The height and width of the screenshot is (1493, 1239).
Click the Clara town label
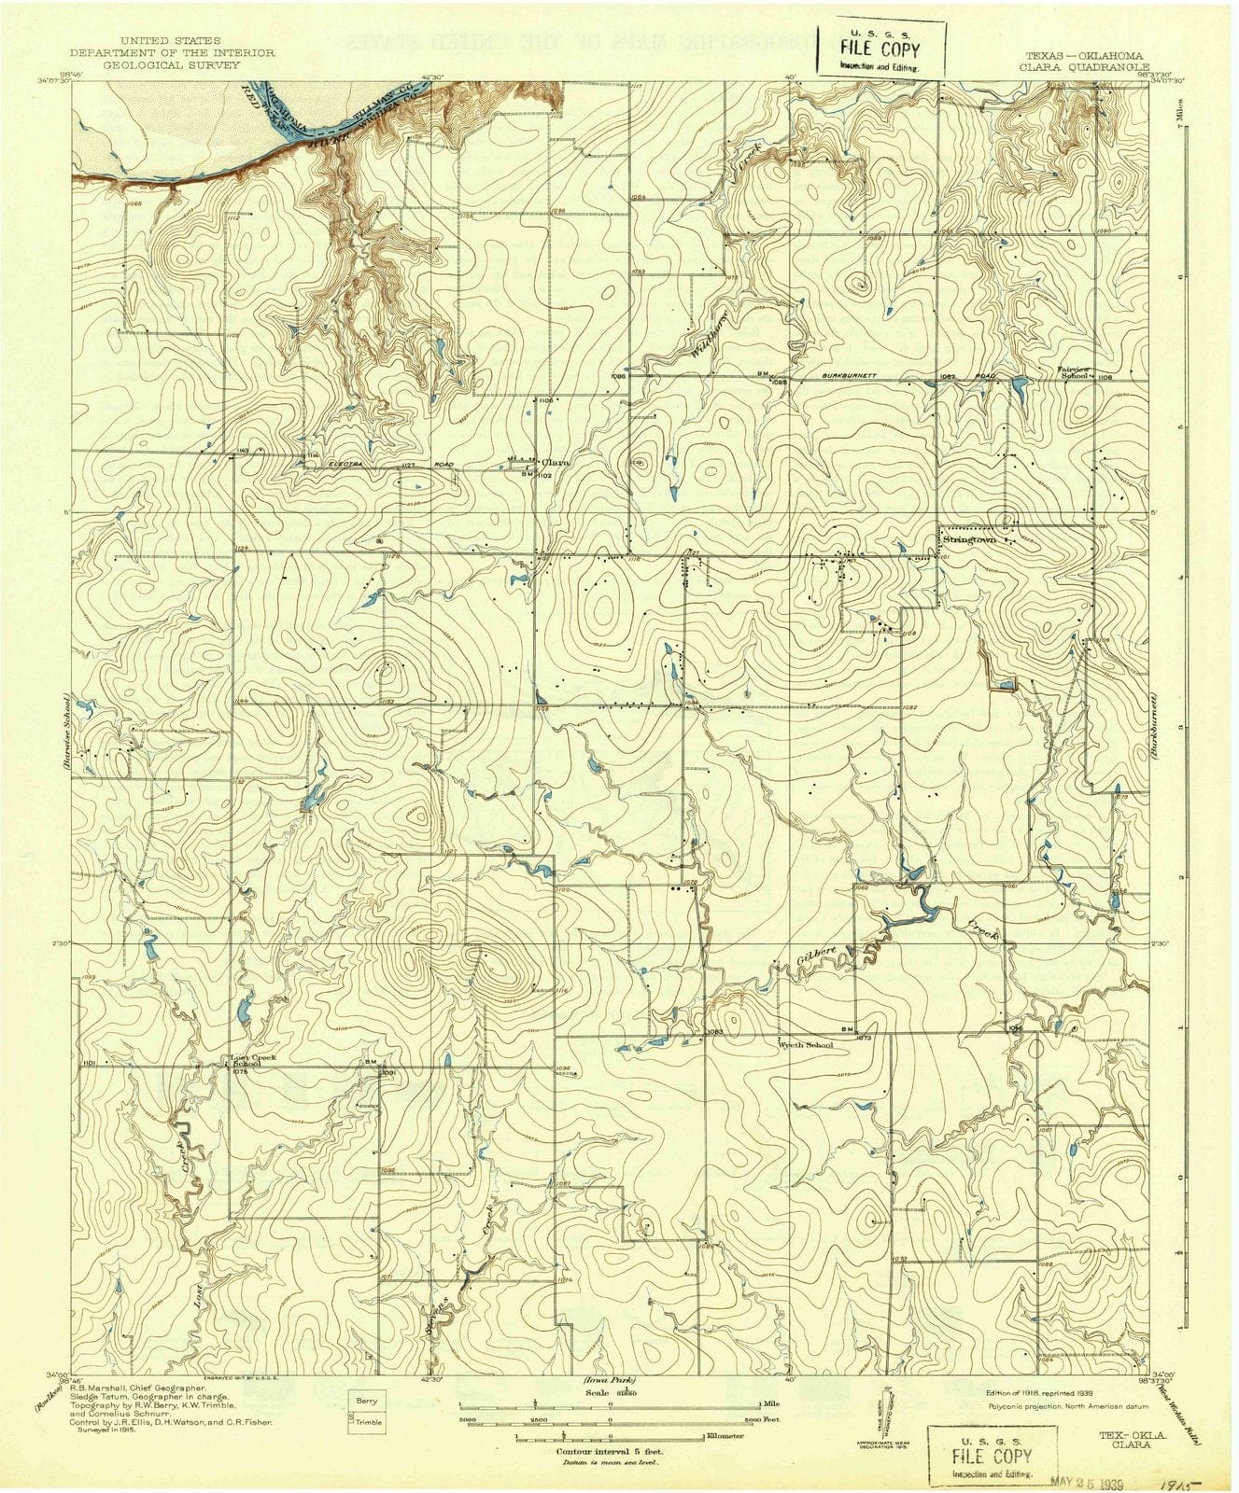[556, 461]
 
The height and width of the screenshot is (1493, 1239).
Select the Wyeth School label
[806, 1045]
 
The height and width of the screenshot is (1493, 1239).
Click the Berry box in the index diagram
[366, 1402]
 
